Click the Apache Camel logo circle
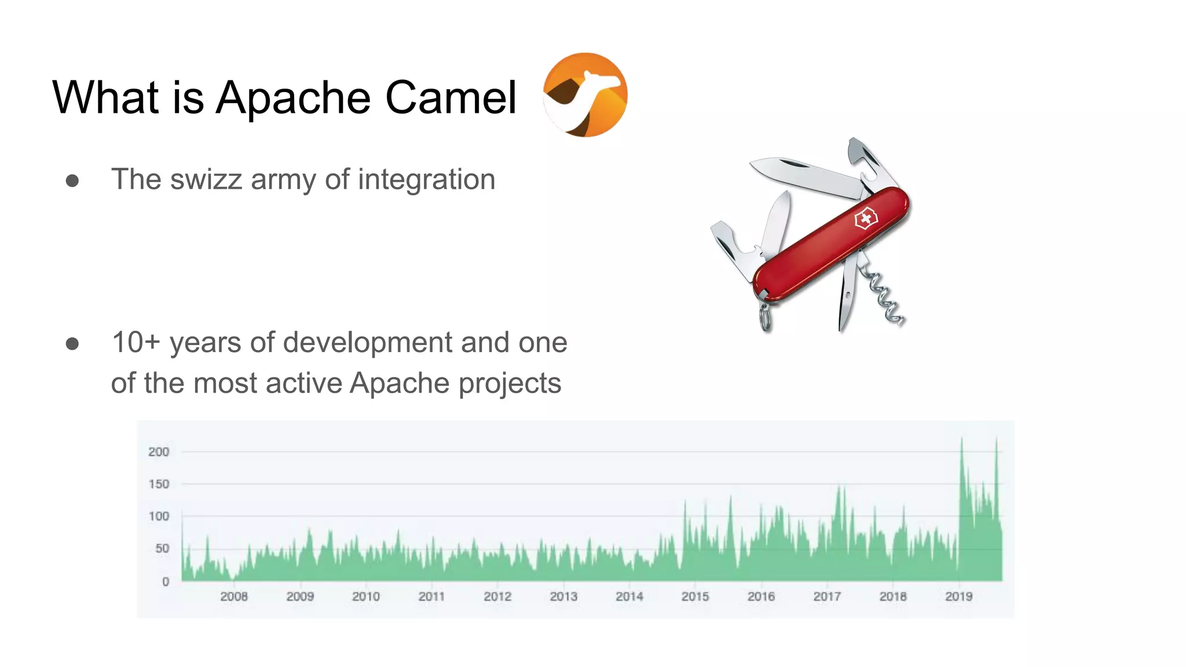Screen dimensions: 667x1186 pyautogui.click(x=585, y=95)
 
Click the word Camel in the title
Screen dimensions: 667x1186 pyautogui.click(x=451, y=97)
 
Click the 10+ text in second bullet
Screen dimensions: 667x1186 pyautogui.click(x=135, y=342)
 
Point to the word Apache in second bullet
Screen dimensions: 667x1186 pyautogui.click(x=399, y=383)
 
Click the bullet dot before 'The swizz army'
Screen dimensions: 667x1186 pyautogui.click(x=72, y=181)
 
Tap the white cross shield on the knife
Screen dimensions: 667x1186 pyautogui.click(x=866, y=219)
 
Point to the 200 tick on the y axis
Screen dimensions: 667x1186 pyautogui.click(x=158, y=452)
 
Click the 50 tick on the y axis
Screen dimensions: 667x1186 pyautogui.click(x=162, y=548)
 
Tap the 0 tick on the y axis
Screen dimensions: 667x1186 pyautogui.click(x=166, y=581)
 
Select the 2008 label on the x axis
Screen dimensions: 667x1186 pyautogui.click(x=233, y=596)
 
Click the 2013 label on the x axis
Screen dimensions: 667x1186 pyautogui.click(x=563, y=596)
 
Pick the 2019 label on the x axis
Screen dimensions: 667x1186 pyautogui.click(x=958, y=596)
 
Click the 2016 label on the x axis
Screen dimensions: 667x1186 pyautogui.click(x=760, y=596)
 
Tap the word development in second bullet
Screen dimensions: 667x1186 pyautogui.click(x=368, y=342)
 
